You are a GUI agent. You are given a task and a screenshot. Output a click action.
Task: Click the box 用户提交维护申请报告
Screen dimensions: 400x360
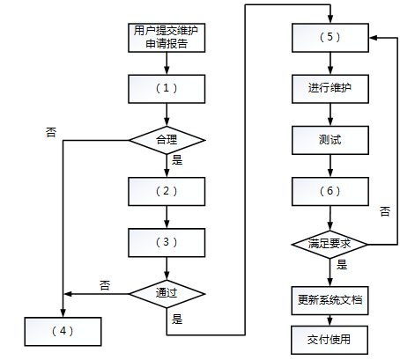tap(167, 38)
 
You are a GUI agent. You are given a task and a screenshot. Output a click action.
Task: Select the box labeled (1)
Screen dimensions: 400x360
tap(167, 89)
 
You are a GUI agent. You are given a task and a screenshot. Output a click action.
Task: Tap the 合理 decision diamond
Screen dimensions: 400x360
tap(167, 140)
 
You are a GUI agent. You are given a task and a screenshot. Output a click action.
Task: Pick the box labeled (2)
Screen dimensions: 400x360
tap(167, 191)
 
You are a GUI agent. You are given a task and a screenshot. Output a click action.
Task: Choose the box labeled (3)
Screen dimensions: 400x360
tap(167, 243)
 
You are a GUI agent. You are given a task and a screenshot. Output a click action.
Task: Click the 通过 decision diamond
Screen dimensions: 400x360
tap(167, 294)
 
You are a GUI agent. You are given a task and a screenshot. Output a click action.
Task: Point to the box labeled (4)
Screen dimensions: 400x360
tap(63, 332)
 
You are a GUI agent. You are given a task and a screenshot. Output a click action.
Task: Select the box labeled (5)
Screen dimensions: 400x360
tap(330, 38)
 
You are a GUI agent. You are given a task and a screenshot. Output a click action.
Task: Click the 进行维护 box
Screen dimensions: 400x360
tap(330, 89)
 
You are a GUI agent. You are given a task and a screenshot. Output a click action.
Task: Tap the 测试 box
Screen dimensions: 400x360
tap(330, 140)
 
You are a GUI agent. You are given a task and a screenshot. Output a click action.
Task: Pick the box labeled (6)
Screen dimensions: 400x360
tap(330, 191)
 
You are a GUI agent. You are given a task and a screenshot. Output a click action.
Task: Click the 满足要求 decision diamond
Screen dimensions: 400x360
tap(330, 244)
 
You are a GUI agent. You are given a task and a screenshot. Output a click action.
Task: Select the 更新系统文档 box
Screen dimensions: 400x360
tap(330, 301)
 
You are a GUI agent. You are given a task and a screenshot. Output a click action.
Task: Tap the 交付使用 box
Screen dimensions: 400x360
tap(330, 340)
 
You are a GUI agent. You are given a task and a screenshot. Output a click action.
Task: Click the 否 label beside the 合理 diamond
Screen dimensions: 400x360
tap(51, 132)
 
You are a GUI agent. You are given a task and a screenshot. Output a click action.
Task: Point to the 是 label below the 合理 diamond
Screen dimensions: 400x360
tap(177, 160)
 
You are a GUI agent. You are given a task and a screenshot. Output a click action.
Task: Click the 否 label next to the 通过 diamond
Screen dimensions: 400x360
tap(105, 285)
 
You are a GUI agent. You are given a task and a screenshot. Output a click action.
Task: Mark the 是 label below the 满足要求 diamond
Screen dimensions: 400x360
tap(342, 265)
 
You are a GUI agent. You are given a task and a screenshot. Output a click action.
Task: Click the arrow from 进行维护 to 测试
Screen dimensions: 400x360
tap(330, 114)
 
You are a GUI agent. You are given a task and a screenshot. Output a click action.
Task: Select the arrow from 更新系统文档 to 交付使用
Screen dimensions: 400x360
tap(330, 320)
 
